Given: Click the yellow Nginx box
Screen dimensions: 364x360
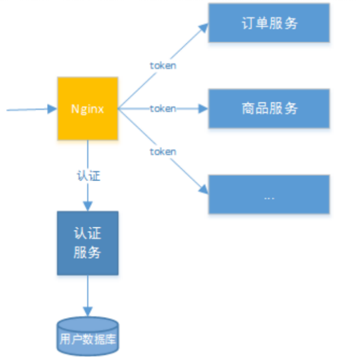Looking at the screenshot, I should (87, 109).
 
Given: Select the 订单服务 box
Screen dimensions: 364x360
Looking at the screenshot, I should (269, 23).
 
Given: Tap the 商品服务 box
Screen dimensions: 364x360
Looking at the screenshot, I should (269, 108).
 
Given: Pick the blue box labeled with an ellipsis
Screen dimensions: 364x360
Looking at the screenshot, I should (269, 194).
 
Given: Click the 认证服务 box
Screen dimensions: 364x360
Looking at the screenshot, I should (87, 243).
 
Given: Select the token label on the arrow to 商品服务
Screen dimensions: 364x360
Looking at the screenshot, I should (163, 109).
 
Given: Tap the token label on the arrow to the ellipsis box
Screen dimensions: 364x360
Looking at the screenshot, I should (163, 152).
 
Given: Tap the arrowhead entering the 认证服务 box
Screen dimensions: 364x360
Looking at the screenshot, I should (88, 206).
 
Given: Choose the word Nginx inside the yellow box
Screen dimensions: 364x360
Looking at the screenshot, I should (87, 109).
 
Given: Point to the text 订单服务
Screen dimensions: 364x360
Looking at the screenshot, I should (269, 23).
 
